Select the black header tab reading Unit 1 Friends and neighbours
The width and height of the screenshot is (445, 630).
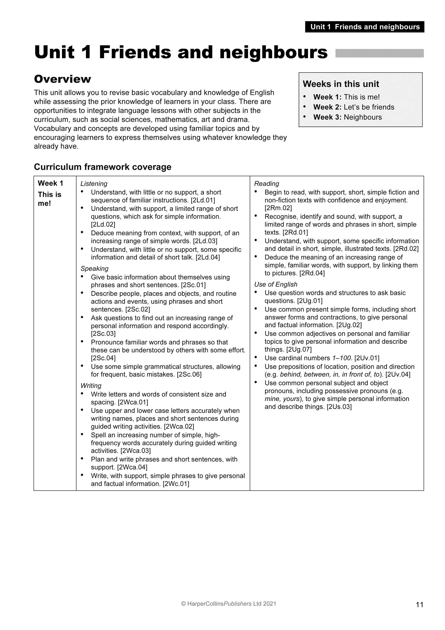365,27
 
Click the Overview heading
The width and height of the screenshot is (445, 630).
63,79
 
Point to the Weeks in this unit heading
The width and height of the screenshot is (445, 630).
341,84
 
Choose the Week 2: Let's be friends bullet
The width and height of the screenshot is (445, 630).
354,107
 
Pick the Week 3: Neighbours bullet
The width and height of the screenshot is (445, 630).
347,117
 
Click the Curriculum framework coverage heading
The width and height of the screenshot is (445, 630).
103,167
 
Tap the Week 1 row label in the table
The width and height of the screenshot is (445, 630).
50,183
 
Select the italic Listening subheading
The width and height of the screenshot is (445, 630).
94,184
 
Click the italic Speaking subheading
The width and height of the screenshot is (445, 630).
94,269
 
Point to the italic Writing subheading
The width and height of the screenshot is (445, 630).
91,386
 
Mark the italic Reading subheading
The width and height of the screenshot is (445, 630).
266,184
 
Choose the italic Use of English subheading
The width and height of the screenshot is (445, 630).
276,284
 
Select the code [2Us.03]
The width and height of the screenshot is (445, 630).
339,407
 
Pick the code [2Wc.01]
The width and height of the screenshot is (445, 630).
176,484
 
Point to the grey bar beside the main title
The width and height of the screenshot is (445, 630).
379,53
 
